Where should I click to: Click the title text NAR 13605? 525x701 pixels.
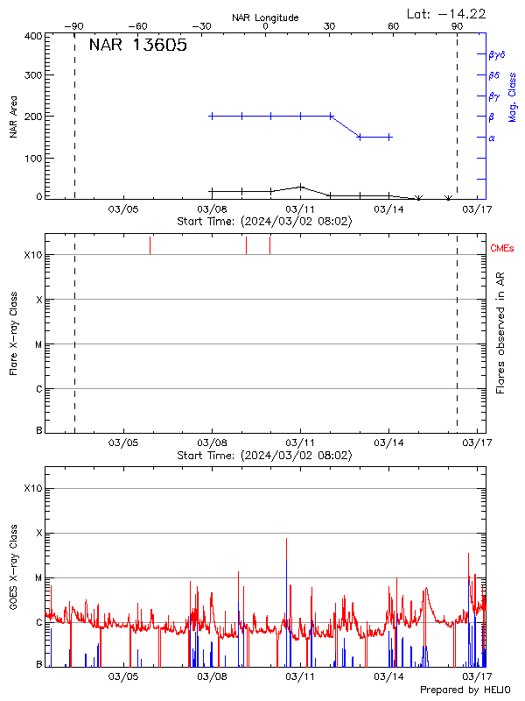(137, 46)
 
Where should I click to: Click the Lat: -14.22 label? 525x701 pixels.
(447, 13)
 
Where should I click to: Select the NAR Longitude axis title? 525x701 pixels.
(265, 18)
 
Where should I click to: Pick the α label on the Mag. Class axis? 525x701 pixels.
(492, 138)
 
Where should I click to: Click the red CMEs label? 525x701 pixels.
(503, 249)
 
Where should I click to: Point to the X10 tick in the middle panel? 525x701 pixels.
(33, 255)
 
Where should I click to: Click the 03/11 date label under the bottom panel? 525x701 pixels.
(300, 676)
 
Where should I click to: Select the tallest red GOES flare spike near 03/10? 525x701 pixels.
(286, 540)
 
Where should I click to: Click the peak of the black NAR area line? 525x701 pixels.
(300, 186)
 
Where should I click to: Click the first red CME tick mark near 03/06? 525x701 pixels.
(150, 244)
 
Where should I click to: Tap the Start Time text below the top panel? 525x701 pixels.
(264, 222)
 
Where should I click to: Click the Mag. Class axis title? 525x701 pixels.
(513, 97)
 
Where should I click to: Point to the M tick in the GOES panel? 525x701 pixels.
(38, 578)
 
